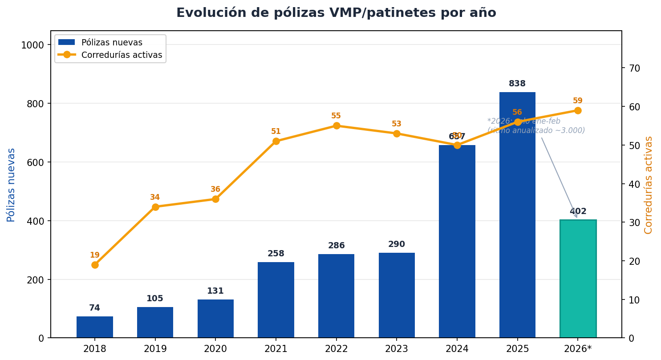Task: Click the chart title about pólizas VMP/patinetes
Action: (x=336, y=13)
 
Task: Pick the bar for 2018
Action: (x=95, y=327)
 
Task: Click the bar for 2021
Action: (x=276, y=300)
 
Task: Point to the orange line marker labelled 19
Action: (x=95, y=265)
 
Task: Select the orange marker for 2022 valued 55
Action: (x=337, y=125)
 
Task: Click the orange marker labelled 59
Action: (x=578, y=110)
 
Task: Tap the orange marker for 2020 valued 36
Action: (x=215, y=199)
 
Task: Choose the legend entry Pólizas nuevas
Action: (x=111, y=43)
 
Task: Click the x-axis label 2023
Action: (x=397, y=349)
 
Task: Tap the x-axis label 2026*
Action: (x=578, y=349)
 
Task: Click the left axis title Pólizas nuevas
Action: (x=11, y=185)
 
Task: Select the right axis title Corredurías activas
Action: (x=649, y=185)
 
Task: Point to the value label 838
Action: (x=517, y=84)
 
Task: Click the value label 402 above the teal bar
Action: (x=578, y=211)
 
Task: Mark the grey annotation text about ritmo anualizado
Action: (x=536, y=126)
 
